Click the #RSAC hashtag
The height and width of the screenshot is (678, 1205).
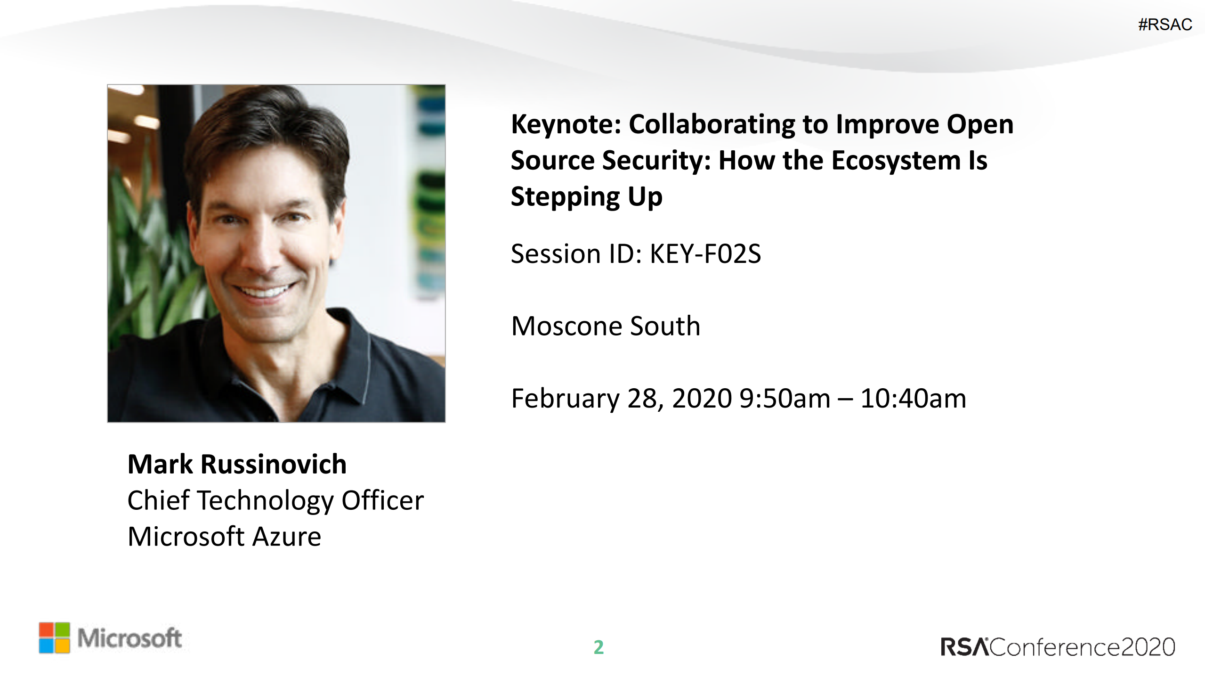pyautogui.click(x=1165, y=25)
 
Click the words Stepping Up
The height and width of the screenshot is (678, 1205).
pyautogui.click(x=587, y=197)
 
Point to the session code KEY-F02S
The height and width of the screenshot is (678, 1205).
pyautogui.click(x=705, y=254)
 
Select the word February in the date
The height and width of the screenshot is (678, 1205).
pyautogui.click(x=565, y=399)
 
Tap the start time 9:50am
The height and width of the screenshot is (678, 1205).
pyautogui.click(x=785, y=399)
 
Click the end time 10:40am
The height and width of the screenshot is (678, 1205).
pyautogui.click(x=913, y=399)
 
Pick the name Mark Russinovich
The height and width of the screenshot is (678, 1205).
pyautogui.click(x=237, y=464)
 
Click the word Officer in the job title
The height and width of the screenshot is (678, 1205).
pyautogui.click(x=382, y=500)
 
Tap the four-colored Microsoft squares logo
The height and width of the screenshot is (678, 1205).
pyautogui.click(x=54, y=638)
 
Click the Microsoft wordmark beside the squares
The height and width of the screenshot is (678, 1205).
pyautogui.click(x=129, y=638)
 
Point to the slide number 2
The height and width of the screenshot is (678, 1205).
pyautogui.click(x=598, y=647)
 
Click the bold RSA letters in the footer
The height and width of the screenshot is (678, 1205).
pyautogui.click(x=965, y=647)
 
